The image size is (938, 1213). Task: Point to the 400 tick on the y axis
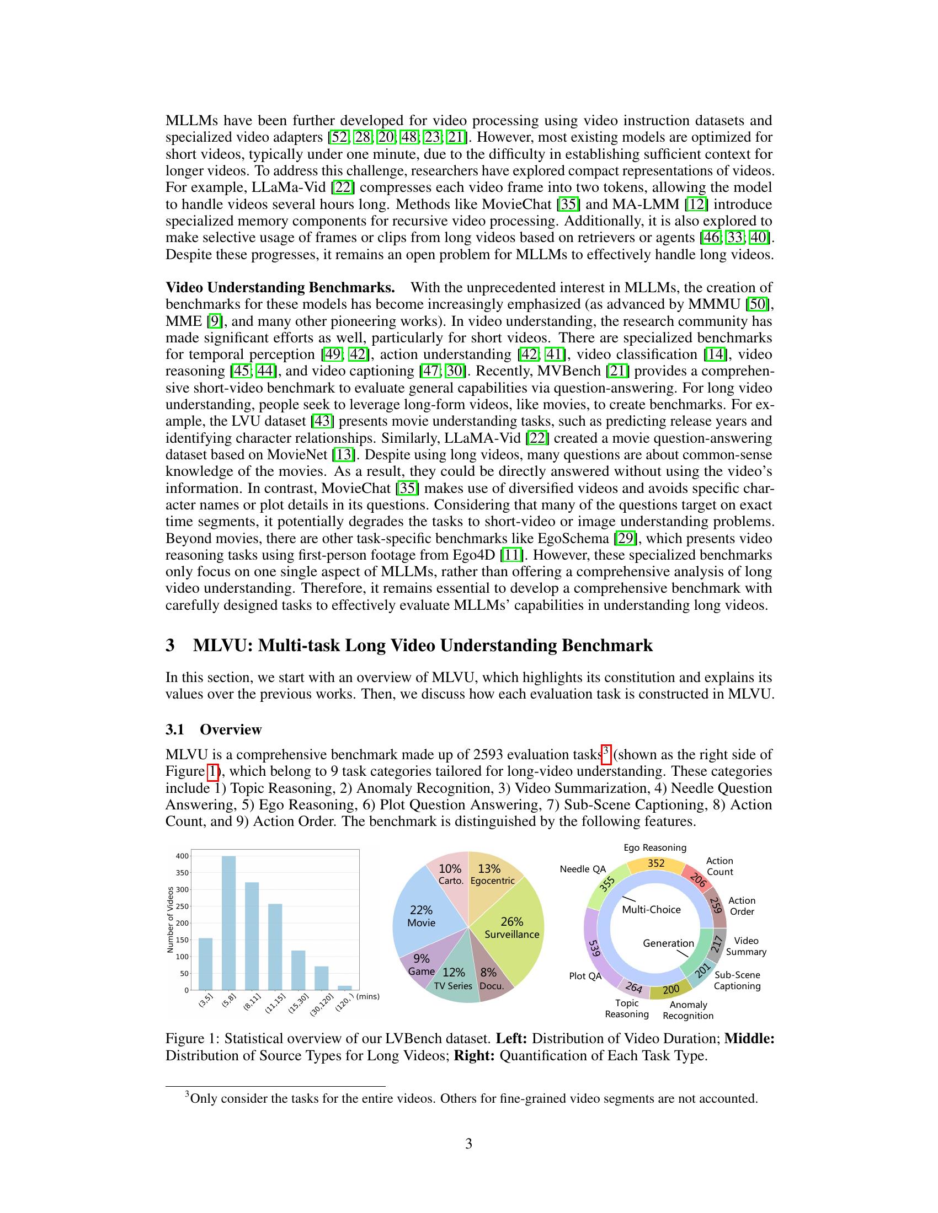(x=182, y=856)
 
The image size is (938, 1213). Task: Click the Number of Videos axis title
(x=170, y=920)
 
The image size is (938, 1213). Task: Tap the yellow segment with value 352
(x=656, y=863)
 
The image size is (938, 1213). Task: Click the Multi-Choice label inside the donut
(x=651, y=909)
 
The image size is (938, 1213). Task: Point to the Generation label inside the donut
(x=669, y=943)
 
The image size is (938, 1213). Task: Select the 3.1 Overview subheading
(x=214, y=729)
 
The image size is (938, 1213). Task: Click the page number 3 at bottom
(x=468, y=1144)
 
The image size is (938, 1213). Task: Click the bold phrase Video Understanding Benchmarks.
(x=280, y=288)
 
